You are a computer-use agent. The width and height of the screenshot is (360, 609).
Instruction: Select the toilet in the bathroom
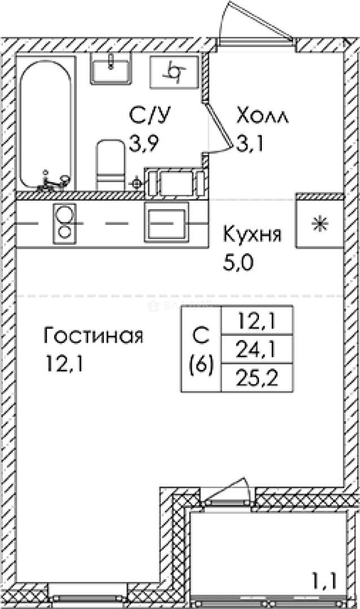click(x=111, y=164)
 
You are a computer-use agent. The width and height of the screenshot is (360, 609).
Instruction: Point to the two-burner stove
click(x=65, y=224)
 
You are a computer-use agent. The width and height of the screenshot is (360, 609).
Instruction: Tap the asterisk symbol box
click(x=320, y=223)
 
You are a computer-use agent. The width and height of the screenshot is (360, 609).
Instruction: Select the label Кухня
click(x=252, y=233)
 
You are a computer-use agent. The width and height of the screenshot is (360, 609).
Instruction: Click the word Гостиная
click(x=94, y=336)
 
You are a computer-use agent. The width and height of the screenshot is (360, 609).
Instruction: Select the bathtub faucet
click(x=54, y=181)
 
